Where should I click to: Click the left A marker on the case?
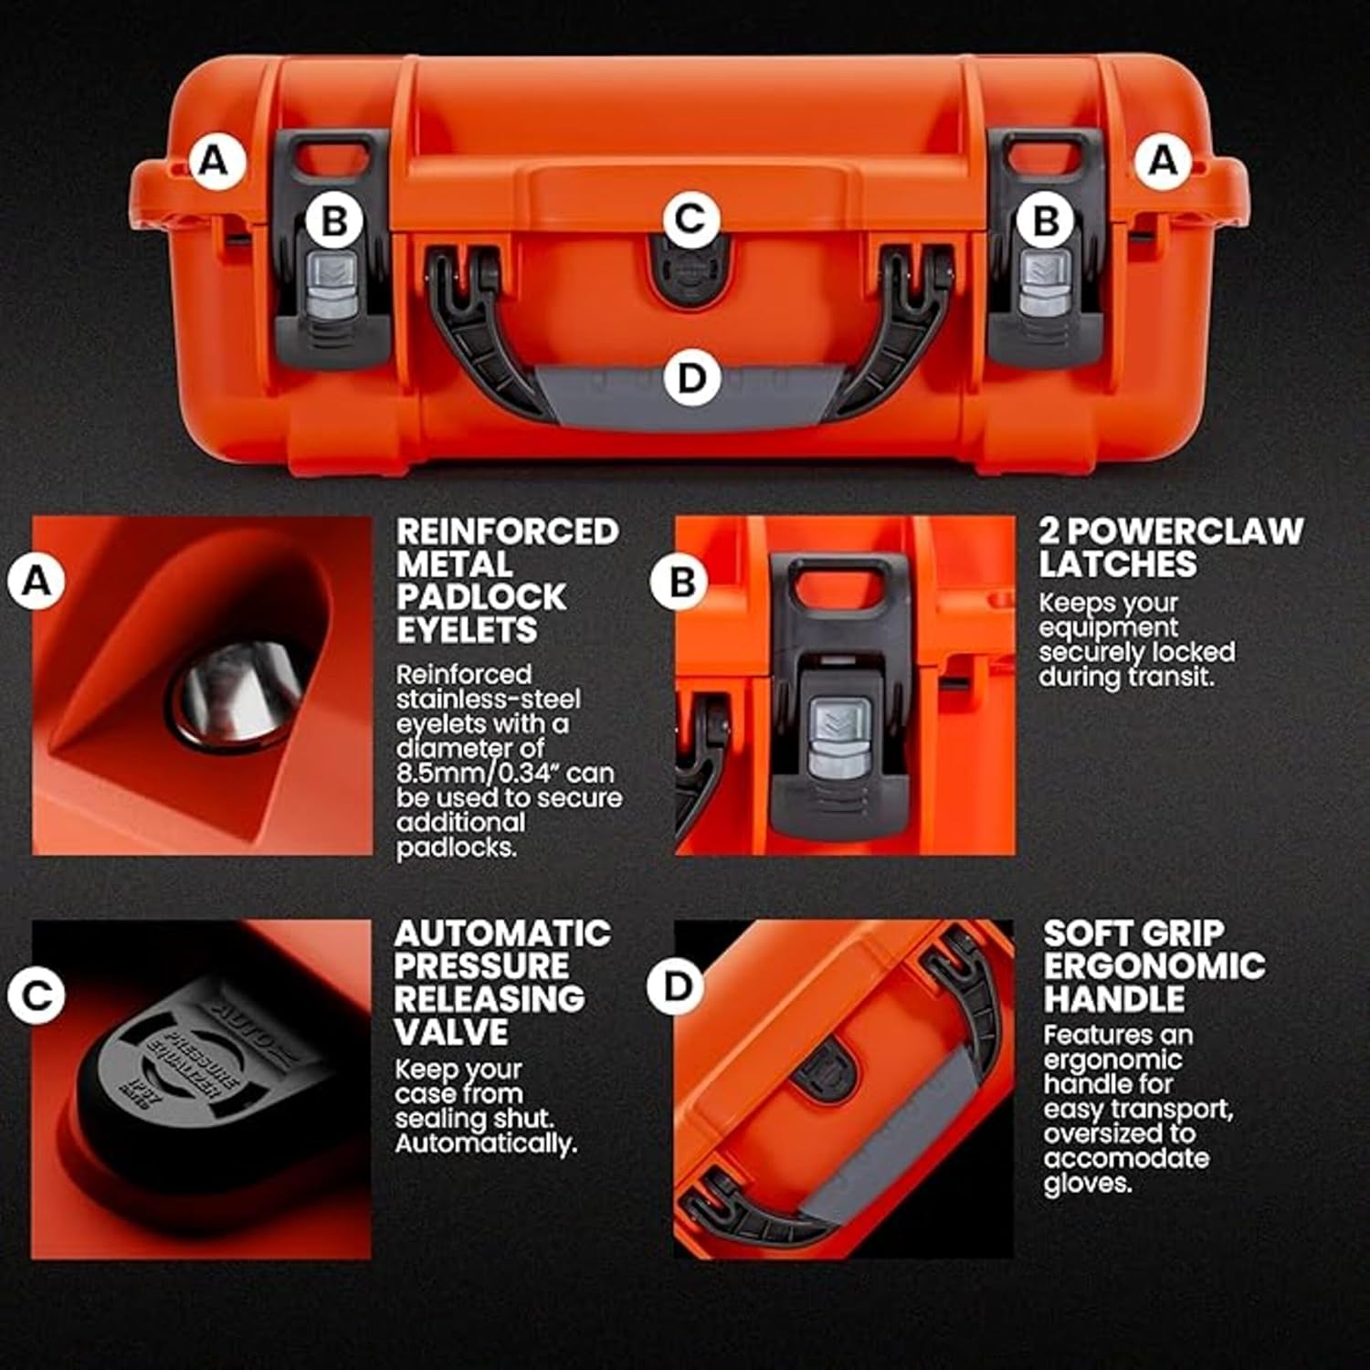point(214,161)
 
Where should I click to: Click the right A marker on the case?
point(1163,161)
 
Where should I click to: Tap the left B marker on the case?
point(334,221)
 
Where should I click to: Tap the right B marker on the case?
point(1045,221)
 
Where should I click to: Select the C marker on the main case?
point(690,219)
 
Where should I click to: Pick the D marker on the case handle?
point(692,378)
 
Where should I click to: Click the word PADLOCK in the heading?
point(481,597)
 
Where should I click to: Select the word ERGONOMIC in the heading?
point(1154,966)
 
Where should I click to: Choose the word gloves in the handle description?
point(1088,1185)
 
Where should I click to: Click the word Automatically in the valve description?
point(486,1143)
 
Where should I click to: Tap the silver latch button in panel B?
point(835,735)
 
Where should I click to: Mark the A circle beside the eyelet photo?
point(37,580)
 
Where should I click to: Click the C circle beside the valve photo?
point(37,995)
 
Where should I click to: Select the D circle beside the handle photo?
point(676,986)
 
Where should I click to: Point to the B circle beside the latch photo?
point(680,582)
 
